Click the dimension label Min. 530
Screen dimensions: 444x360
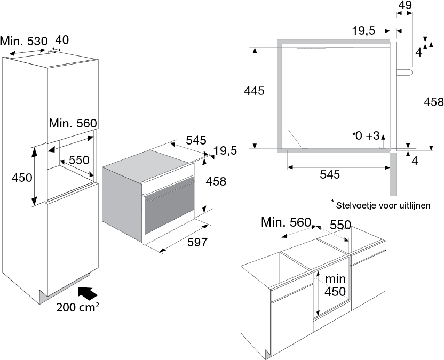24,41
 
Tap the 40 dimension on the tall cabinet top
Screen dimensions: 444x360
62,40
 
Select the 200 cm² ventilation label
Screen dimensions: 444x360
77,307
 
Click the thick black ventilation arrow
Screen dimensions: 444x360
88,293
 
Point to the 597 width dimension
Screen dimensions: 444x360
197,242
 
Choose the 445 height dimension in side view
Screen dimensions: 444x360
254,91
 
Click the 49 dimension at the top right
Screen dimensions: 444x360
405,5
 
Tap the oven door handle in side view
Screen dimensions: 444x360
404,72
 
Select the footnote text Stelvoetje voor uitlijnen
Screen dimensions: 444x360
383,205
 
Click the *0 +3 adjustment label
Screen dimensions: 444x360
366,136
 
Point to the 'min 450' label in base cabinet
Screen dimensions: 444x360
335,285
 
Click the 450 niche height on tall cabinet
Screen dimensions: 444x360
22,178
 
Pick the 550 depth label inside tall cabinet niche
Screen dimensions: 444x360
80,160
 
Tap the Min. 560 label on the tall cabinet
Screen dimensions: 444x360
73,123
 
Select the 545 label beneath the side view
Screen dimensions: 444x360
330,174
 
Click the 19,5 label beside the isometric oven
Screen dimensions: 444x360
225,151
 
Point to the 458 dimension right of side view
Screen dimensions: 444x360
434,102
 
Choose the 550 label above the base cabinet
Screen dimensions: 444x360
340,225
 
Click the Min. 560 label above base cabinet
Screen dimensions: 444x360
286,222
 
